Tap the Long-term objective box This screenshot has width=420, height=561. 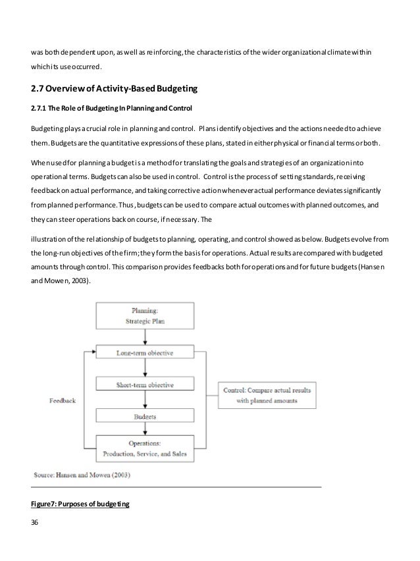(145, 353)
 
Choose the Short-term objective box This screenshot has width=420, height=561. (145, 385)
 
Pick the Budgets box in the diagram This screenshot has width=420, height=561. (145, 417)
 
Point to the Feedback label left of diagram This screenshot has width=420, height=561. (63, 400)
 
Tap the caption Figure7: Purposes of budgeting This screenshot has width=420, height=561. (80, 504)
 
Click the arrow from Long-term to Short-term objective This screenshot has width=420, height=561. (145, 369)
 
